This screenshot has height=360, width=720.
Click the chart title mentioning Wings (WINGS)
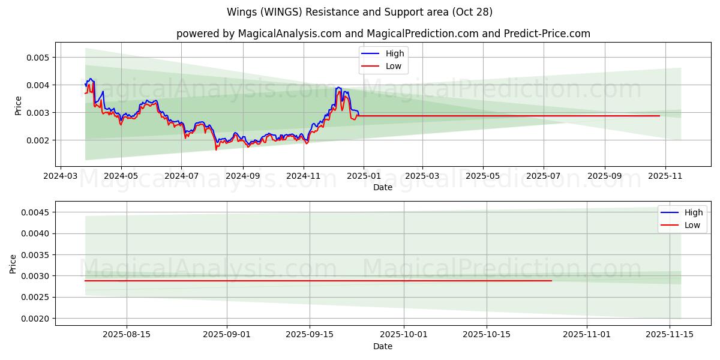pyautogui.click(x=359, y=12)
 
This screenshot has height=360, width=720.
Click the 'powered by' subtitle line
pyautogui.click(x=383, y=34)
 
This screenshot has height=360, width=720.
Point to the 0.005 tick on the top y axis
pyautogui.click(x=38, y=58)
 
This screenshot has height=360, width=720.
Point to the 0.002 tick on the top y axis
pyautogui.click(x=38, y=140)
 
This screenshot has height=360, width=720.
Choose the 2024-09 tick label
pyautogui.click(x=243, y=177)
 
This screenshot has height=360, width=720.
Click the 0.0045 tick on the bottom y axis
pyautogui.click(x=35, y=212)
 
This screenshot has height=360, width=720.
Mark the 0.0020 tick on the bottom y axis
pyautogui.click(x=35, y=319)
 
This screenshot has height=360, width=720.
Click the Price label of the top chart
pyautogui.click(x=19, y=106)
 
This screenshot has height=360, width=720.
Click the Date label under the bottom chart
pyautogui.click(x=383, y=346)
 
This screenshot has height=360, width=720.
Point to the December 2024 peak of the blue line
pyautogui.click(x=338, y=88)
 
